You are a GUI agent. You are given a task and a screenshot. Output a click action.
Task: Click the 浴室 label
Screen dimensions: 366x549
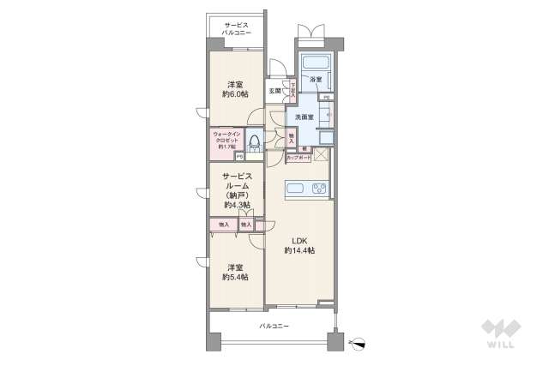(316, 81)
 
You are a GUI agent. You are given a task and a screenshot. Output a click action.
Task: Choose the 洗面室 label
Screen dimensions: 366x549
(305, 117)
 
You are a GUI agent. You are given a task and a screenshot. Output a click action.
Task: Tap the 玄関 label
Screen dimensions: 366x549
(274, 90)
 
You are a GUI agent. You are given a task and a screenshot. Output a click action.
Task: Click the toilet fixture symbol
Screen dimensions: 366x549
(256, 143)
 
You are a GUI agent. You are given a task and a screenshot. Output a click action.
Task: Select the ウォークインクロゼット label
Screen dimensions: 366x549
(228, 141)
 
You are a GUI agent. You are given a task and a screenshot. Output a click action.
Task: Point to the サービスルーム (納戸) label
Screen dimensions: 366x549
(237, 191)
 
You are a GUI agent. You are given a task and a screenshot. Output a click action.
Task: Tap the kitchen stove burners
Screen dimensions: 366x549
(318, 189)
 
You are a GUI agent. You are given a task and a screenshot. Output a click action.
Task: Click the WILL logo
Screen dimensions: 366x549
(501, 335)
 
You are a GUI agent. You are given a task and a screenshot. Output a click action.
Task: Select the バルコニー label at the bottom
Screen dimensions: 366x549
(274, 327)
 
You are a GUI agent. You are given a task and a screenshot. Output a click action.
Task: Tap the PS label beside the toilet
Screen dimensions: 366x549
(239, 156)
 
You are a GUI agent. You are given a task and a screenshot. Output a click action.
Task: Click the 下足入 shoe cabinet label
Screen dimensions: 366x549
(292, 88)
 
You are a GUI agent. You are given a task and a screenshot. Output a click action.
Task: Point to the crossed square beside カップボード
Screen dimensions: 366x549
(321, 155)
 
